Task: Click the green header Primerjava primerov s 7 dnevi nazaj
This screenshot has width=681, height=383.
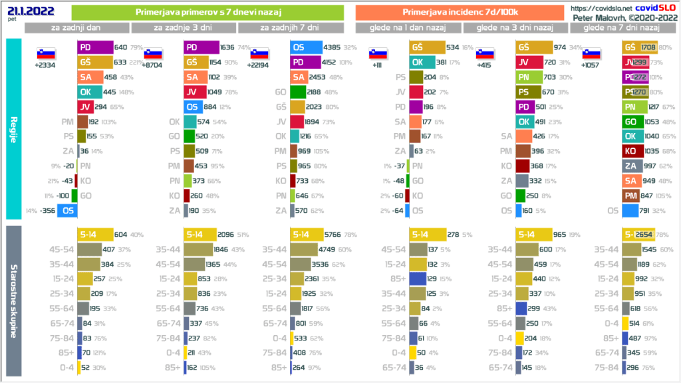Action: tap(207, 13)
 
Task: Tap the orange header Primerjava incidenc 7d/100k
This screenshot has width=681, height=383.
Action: tap(460, 13)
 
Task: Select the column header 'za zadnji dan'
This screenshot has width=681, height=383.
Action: tap(77, 28)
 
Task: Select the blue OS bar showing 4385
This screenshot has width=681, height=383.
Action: tap(305, 47)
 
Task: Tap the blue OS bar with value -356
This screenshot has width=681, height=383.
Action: tap(66, 211)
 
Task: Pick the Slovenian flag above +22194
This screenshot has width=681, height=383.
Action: tap(259, 55)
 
